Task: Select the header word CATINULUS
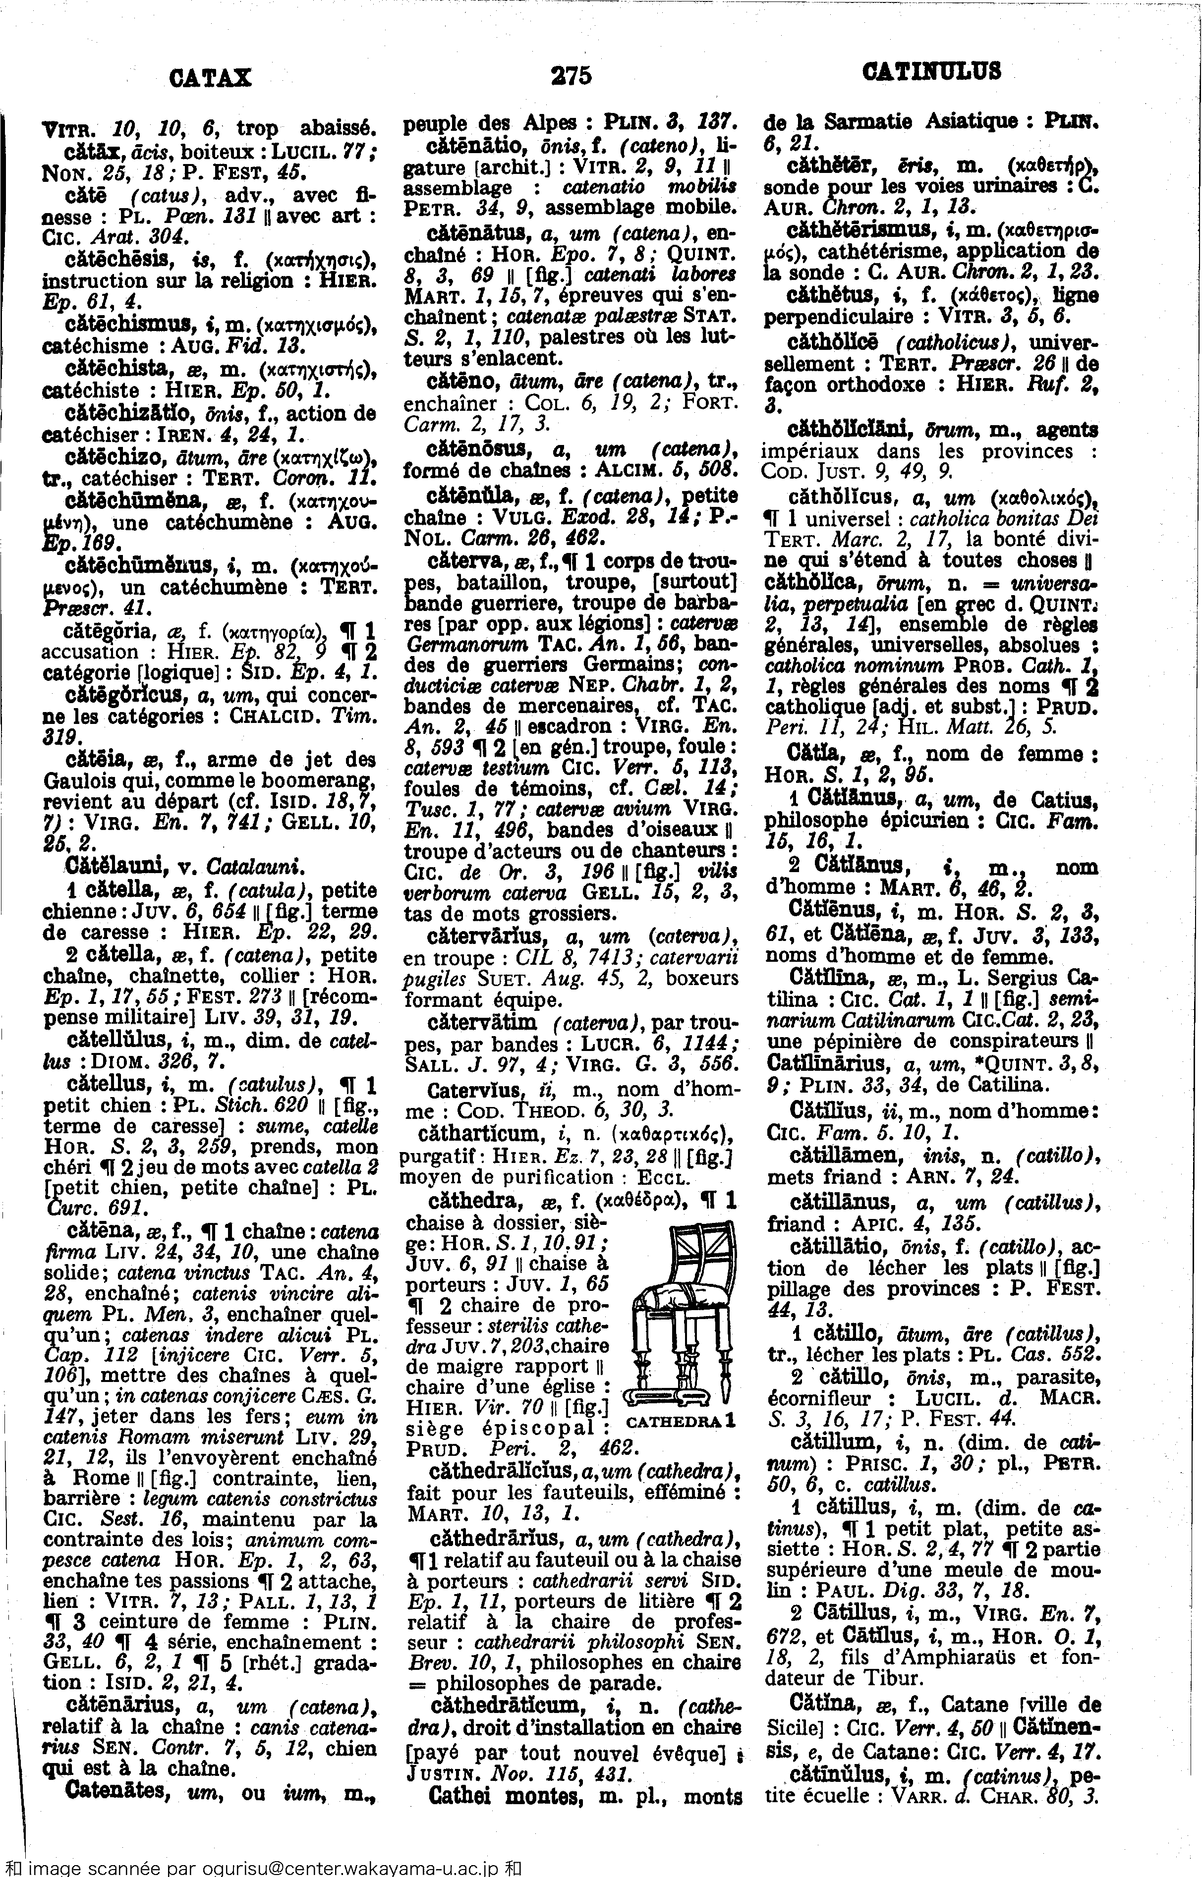pyautogui.click(x=931, y=72)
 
